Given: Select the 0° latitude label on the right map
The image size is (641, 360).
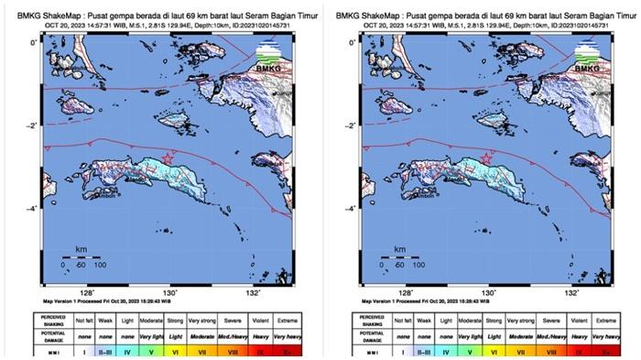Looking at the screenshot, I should tap(351, 42).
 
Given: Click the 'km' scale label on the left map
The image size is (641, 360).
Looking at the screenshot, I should tap(81, 249).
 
